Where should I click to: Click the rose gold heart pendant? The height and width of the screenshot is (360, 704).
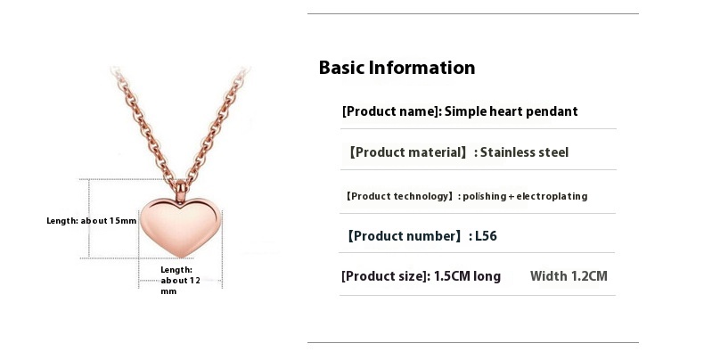coord(181,227)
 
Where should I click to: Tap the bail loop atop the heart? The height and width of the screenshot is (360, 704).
coord(181,191)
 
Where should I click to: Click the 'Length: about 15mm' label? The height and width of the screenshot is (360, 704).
coord(92,221)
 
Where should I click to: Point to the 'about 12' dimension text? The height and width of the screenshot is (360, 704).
coord(181,281)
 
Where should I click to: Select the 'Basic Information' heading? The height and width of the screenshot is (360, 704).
coord(397,68)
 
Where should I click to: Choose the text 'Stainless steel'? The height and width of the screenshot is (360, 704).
coord(524,152)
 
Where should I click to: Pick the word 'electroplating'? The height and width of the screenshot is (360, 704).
coord(552,197)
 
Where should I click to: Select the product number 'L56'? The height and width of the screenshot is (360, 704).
coord(486,236)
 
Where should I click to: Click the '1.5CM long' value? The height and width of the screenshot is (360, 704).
coord(467,276)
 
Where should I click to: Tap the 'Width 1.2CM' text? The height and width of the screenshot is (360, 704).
coord(569,276)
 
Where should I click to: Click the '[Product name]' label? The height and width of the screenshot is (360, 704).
coord(389,111)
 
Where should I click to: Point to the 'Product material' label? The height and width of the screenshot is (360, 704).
coord(408,152)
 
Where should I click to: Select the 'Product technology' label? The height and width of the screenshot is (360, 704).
coord(399,197)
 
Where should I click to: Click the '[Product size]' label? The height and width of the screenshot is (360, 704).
coord(384,276)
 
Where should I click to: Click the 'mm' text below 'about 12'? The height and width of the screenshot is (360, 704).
coord(168,291)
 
